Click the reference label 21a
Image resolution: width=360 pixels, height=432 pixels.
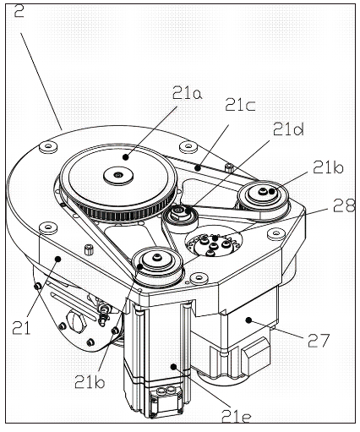tap(187, 93)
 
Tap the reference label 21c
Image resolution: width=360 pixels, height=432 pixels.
tap(240, 105)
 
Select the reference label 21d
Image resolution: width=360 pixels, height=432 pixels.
tap(288, 129)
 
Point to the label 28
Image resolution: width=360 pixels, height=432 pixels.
tap(343, 205)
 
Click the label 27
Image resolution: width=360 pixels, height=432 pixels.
tap(319, 341)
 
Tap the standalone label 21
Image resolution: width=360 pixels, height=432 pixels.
tap(21, 327)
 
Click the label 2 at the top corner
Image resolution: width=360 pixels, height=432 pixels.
tap(19, 10)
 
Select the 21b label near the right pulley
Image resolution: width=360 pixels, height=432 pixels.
tap(328, 168)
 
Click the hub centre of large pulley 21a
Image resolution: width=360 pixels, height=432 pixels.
tap(118, 175)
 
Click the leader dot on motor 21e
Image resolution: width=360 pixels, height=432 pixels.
tap(174, 366)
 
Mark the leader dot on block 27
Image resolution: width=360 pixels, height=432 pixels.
tap(248, 320)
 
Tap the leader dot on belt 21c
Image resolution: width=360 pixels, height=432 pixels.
tap(199, 168)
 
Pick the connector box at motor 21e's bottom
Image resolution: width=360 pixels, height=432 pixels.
tap(165, 401)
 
